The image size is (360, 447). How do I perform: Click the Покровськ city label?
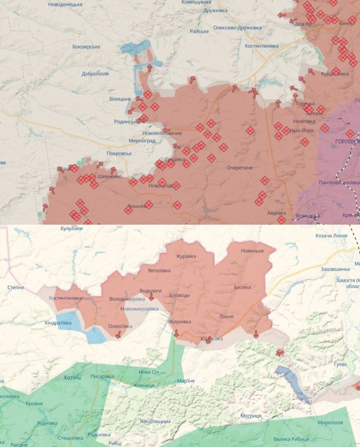(119, 154)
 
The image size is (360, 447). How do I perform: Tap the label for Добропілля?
(95, 74)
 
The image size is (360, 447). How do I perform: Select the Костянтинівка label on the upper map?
(261, 46)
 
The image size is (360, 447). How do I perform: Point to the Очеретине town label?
(239, 167)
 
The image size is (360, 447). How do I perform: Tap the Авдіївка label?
(276, 212)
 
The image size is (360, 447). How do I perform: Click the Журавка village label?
(186, 256)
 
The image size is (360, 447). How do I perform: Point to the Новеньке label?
(252, 251)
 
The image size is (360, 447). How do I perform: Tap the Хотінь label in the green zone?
(72, 378)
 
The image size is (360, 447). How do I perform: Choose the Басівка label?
(242, 287)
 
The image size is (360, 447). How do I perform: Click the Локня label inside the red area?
(226, 316)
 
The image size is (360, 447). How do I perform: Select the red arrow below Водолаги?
(151, 298)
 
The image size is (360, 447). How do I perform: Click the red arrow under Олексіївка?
(118, 334)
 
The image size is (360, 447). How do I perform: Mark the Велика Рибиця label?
(291, 439)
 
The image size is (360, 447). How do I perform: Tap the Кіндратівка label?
(58, 323)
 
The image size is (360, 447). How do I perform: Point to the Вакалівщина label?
(155, 421)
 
